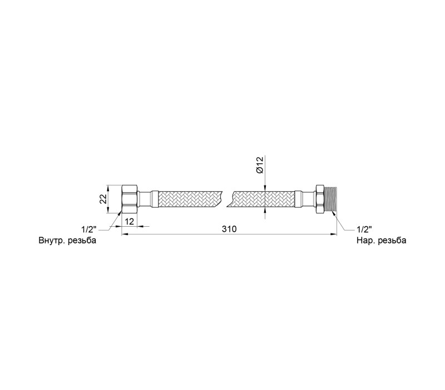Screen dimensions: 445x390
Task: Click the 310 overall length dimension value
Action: coord(229,229)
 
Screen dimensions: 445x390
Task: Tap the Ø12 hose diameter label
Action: coord(260,164)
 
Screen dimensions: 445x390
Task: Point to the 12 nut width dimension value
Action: coord(129,221)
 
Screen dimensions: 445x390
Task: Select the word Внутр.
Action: coord(52,241)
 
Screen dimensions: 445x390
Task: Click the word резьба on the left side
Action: coord(82,241)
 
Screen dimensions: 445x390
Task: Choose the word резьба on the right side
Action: coord(392,241)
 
